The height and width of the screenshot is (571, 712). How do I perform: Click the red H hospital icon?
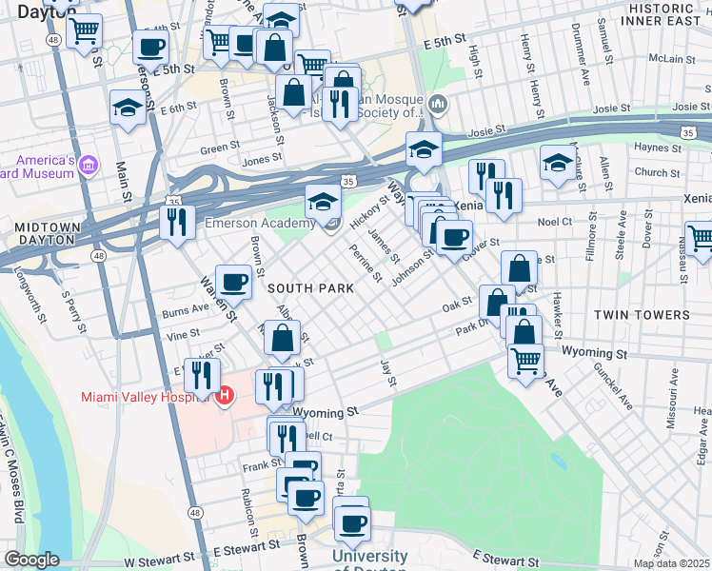pyautogui.click(x=226, y=395)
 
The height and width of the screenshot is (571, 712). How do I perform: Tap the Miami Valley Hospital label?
pyautogui.click(x=143, y=397)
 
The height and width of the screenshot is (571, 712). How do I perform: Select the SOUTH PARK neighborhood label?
pyautogui.click(x=310, y=287)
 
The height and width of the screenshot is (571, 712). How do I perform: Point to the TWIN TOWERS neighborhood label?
pyautogui.click(x=641, y=315)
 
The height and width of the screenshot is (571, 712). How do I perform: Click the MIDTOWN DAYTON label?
pyautogui.click(x=45, y=235)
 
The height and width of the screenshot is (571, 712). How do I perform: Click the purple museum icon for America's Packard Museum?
pyautogui.click(x=89, y=167)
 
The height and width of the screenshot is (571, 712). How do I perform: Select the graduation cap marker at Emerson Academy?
pyautogui.click(x=323, y=203)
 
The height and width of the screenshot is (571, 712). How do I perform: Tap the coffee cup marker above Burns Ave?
pyautogui.click(x=233, y=282)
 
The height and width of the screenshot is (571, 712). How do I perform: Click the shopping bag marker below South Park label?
pyautogui.click(x=283, y=338)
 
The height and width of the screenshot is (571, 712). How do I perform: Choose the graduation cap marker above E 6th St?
pyautogui.click(x=127, y=108)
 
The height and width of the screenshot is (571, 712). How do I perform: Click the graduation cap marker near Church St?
pyautogui.click(x=557, y=163)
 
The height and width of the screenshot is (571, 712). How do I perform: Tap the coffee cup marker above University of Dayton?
pyautogui.click(x=351, y=522)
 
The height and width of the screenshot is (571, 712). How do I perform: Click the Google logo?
pyautogui.click(x=31, y=560)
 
